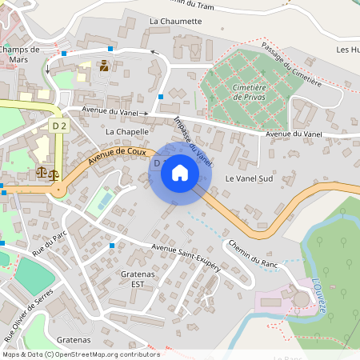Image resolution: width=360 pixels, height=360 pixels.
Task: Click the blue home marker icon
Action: pos(180,173)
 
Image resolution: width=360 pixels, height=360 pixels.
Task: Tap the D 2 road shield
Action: pos(59,126)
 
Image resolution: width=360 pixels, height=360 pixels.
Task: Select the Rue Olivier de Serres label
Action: pos(31,310)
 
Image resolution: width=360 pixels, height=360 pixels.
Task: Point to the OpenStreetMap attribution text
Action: pos(81,354)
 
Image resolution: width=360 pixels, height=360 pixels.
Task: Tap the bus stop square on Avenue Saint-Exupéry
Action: pos(112,245)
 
